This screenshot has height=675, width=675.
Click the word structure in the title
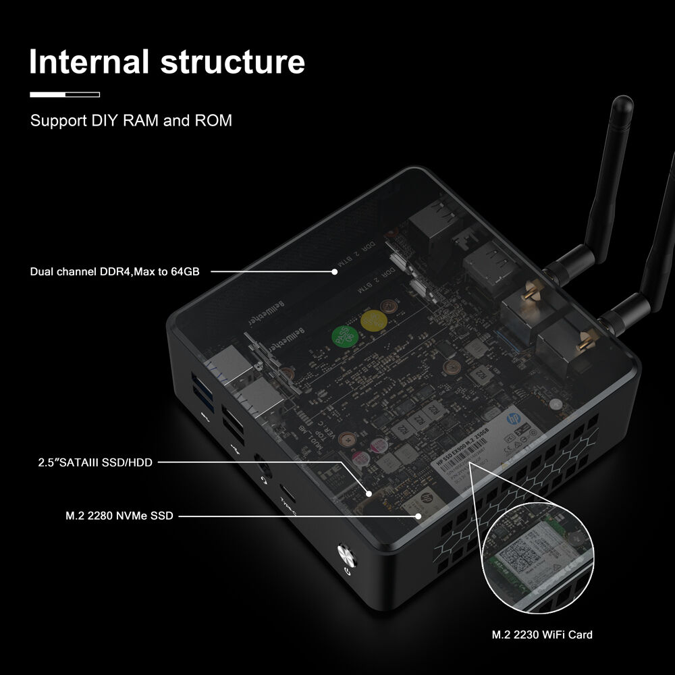pyautogui.click(x=233, y=61)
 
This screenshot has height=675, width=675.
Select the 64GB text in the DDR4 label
pyautogui.click(x=182, y=271)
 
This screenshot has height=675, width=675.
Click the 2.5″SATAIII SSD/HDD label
pyautogui.click(x=95, y=462)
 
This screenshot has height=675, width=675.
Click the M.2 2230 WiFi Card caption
pyautogui.click(x=542, y=634)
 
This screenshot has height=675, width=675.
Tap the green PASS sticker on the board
pyautogui.click(x=344, y=335)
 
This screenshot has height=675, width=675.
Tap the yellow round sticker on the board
pyautogui.click(x=373, y=320)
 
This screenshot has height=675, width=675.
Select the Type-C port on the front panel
pyautogui.click(x=286, y=497)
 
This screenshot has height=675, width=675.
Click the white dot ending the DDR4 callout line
pyautogui.click(x=334, y=272)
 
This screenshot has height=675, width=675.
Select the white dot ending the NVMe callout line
pyautogui.click(x=418, y=516)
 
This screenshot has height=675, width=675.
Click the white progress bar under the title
pyautogui.click(x=65, y=94)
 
